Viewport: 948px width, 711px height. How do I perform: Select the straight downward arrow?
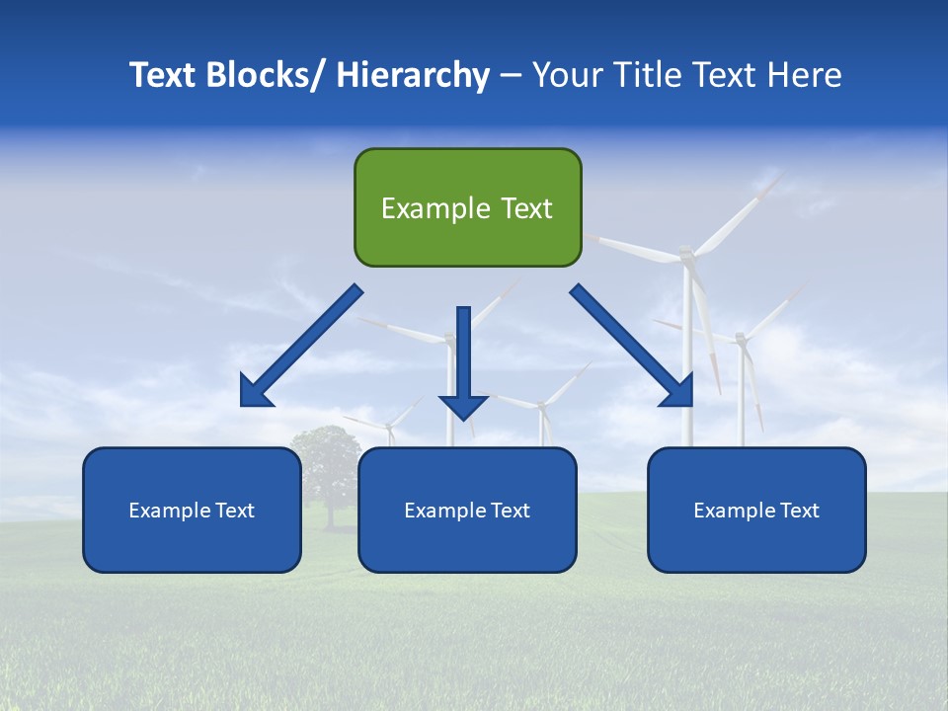click(x=463, y=355)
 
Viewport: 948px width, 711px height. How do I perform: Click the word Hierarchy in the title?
click(x=413, y=75)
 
